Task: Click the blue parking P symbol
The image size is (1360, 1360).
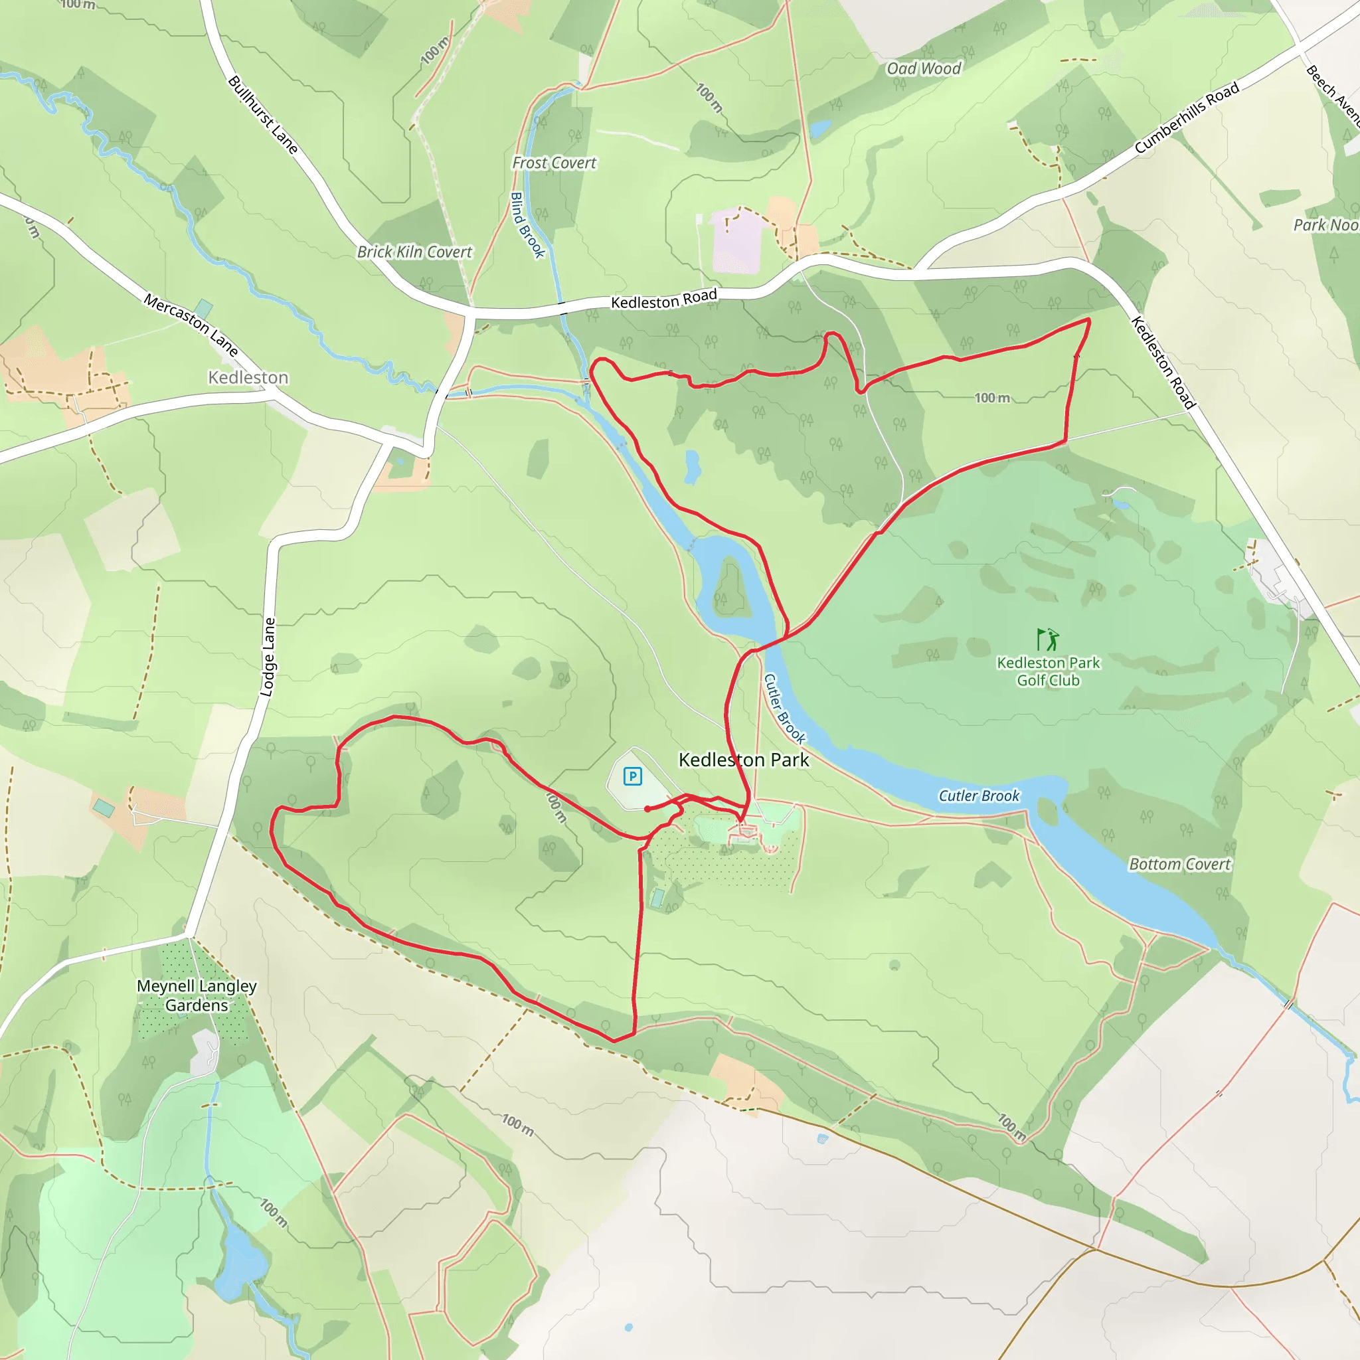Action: click(632, 776)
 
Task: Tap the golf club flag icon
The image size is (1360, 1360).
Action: click(1047, 639)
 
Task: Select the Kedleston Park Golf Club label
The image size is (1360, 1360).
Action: click(1048, 671)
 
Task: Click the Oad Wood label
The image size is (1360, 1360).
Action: click(923, 68)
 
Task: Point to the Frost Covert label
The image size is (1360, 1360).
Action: click(554, 163)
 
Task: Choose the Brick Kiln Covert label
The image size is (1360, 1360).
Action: click(414, 251)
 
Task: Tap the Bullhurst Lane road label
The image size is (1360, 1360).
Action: click(263, 115)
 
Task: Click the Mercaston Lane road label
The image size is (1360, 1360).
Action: click(191, 325)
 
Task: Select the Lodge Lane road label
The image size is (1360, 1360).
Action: click(268, 657)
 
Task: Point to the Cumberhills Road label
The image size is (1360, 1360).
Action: click(1187, 118)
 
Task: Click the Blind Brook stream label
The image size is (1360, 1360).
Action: click(527, 224)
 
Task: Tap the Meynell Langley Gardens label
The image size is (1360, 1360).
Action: click(197, 995)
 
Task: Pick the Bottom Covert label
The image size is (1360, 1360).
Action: click(1180, 864)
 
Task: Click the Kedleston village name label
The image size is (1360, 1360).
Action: click(248, 377)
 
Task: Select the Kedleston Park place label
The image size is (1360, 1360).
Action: click(743, 760)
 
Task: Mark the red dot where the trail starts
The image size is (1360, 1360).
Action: click(647, 809)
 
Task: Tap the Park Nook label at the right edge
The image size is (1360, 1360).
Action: click(1326, 224)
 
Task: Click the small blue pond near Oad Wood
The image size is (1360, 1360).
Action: click(819, 129)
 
